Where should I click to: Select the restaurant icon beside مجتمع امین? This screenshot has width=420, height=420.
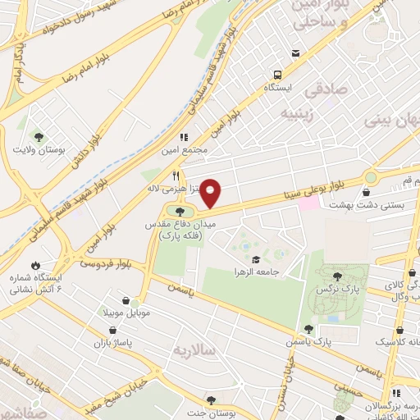coord(184,138)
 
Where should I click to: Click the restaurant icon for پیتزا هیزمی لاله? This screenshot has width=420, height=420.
coord(175,176)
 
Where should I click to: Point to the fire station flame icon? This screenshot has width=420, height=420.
coord(35,265)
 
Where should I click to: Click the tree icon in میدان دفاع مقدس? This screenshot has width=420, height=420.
coord(181,215)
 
